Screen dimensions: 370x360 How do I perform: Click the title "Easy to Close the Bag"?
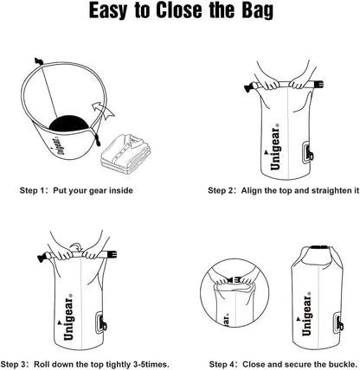(179, 15)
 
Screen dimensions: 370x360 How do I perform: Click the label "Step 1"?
(32, 189)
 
